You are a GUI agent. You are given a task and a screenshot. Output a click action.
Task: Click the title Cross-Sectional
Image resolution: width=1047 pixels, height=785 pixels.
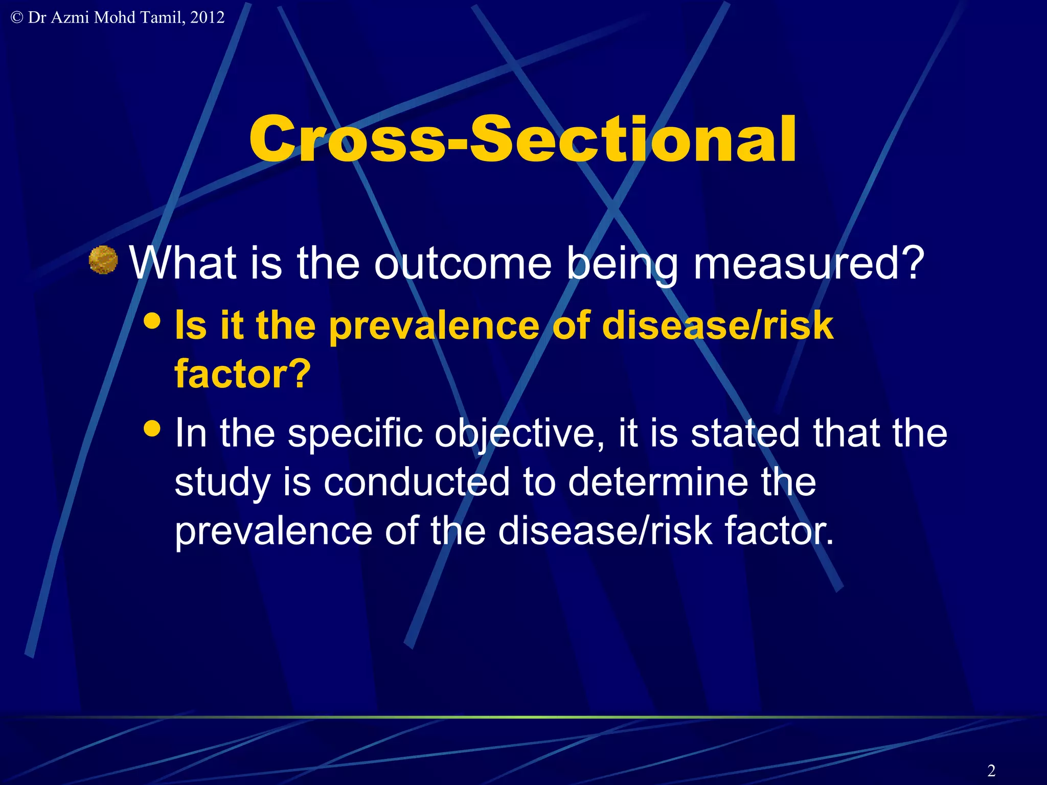(522, 139)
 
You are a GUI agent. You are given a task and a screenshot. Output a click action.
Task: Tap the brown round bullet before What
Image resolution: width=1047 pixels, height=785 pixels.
(103, 260)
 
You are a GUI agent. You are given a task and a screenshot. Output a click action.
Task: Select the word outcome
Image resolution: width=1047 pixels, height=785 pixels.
(463, 263)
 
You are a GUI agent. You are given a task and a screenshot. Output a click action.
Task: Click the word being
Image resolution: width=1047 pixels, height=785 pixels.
(623, 264)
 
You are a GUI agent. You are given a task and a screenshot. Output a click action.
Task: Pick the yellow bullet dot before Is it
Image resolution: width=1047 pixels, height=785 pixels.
(152, 321)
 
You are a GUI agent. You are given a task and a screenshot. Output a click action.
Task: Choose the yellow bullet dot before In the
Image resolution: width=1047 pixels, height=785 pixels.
(152, 428)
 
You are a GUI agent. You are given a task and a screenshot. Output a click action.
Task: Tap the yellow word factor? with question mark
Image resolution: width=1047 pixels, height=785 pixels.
(242, 374)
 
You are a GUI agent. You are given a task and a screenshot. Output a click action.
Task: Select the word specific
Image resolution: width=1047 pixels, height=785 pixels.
(355, 433)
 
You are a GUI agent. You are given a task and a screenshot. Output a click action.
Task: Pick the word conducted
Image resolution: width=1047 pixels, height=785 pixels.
(417, 482)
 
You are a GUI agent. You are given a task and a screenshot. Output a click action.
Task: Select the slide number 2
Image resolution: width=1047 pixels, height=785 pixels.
(991, 770)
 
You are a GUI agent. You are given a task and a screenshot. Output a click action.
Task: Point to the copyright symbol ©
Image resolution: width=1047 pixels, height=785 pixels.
(17, 17)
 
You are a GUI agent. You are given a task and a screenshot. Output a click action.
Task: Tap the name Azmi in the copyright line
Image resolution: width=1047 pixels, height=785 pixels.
(71, 17)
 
